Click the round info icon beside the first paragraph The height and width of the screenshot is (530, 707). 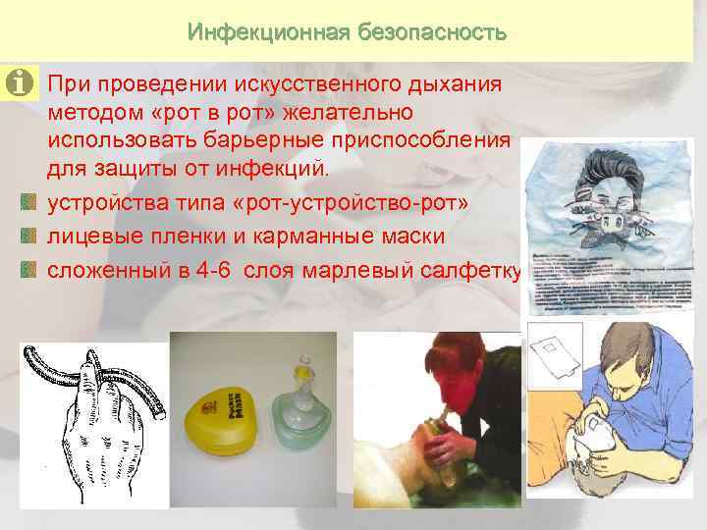coord(18,84)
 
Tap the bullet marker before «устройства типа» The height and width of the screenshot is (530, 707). coord(28,202)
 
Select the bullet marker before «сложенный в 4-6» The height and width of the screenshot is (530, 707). coord(28,266)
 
